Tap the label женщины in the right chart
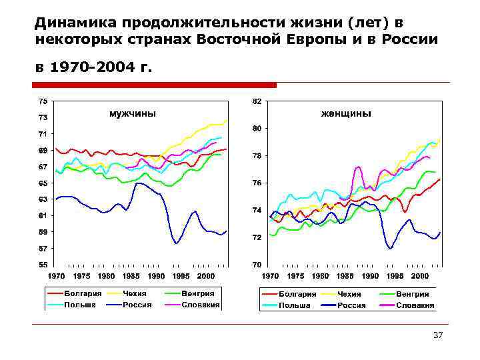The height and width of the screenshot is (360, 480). (346, 113)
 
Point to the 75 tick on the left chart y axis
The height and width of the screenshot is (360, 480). (42, 101)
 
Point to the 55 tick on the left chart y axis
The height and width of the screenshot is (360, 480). (42, 265)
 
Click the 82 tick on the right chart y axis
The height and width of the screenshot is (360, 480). (257, 101)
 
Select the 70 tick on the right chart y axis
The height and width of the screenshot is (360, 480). (257, 265)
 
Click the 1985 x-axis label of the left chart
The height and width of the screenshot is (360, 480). (131, 275)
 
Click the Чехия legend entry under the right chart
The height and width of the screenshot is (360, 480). (349, 294)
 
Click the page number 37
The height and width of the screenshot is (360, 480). (438, 335)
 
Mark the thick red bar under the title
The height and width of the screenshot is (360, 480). (155, 85)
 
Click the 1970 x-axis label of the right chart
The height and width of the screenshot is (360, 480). (270, 275)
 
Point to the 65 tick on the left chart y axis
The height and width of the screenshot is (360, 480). (42, 183)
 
